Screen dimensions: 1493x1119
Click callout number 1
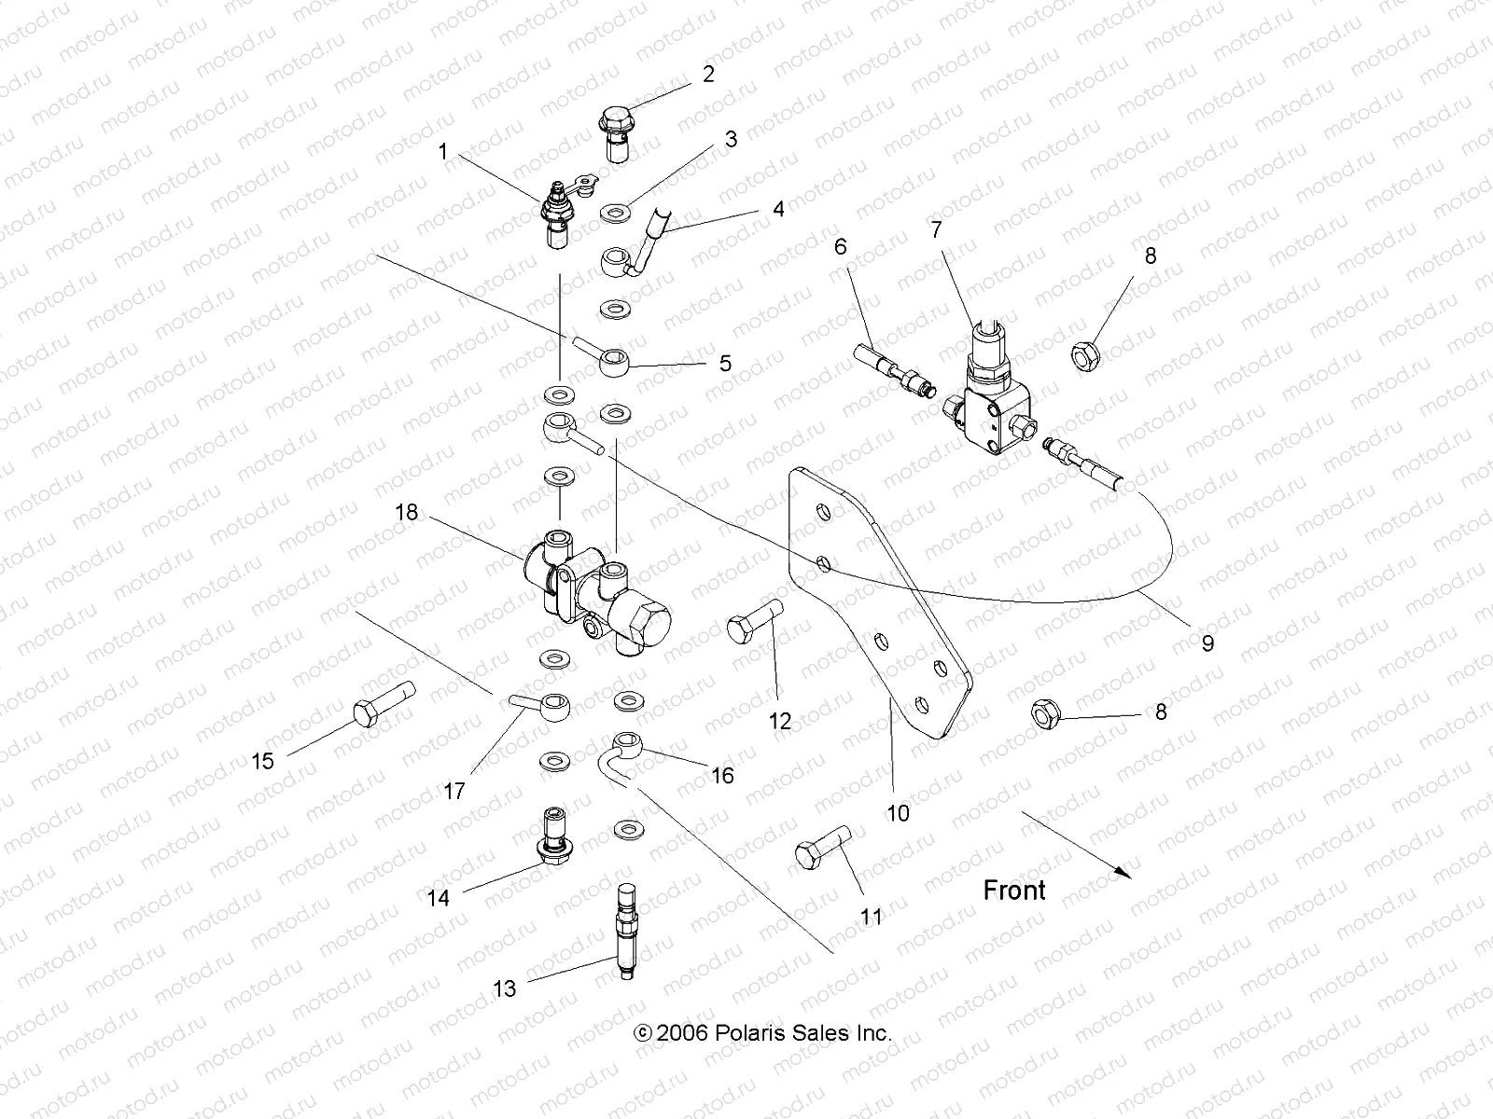pos(443,151)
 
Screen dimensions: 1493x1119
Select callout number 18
pos(406,513)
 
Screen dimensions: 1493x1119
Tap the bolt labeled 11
pos(821,846)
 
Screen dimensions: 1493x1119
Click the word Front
pos(1014,891)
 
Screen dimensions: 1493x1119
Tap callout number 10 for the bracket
pos(897,813)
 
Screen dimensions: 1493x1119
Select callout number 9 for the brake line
pos(1207,642)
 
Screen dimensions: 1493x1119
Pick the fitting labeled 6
pos(891,368)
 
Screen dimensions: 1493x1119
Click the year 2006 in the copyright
pos(684,1033)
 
